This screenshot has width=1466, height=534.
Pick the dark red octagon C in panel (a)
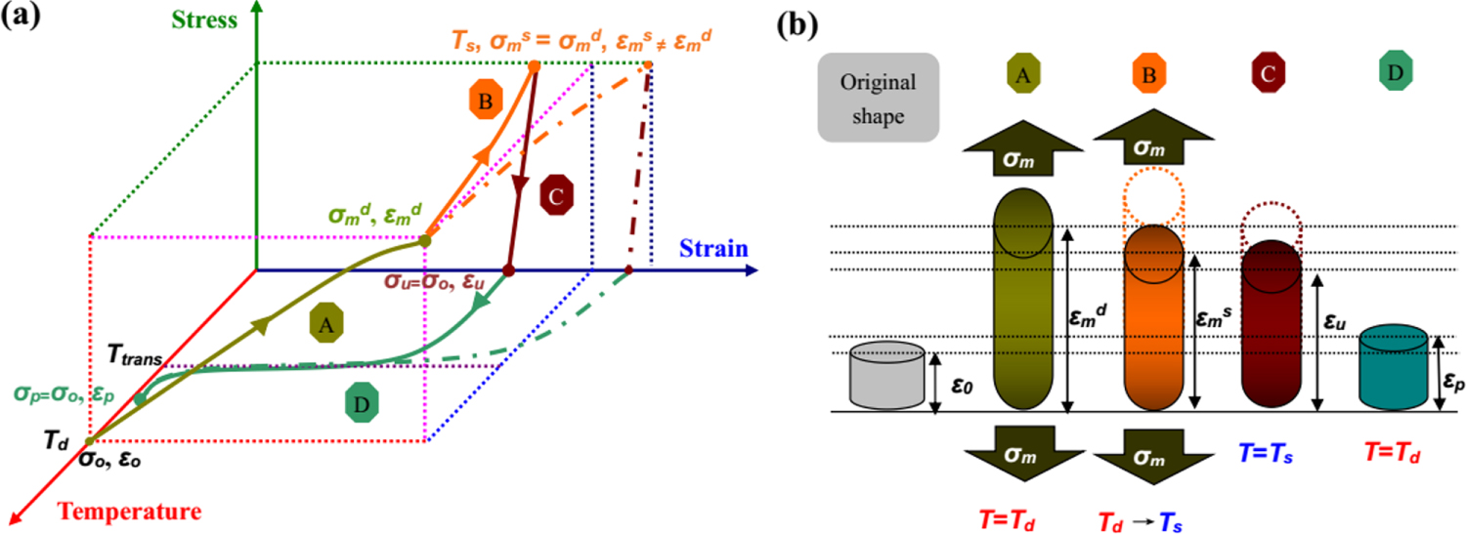(x=555, y=195)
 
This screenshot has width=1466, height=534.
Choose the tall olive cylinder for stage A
(x=1021, y=312)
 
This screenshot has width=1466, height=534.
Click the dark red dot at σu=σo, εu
(x=508, y=270)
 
